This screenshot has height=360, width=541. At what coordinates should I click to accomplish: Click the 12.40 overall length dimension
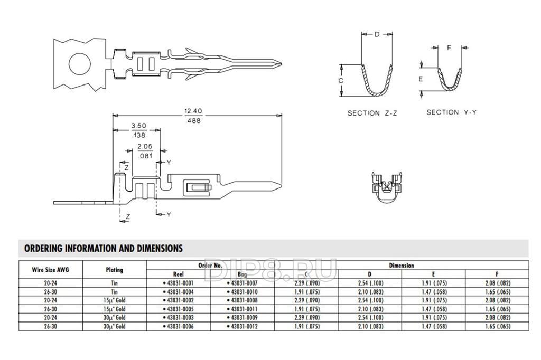pos(193,111)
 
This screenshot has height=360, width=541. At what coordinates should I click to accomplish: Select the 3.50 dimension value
pos(138,126)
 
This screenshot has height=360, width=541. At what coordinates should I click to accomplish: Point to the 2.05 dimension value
pos(145,146)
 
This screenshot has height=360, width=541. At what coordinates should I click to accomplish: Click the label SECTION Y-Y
pos(451,112)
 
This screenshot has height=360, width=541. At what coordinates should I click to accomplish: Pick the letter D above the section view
pos(377,35)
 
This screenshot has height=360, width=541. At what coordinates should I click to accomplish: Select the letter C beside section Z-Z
pos(341,81)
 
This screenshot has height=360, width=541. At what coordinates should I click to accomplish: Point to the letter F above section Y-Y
pos(449,48)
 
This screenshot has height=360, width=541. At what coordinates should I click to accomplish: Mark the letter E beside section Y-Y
pos(421,79)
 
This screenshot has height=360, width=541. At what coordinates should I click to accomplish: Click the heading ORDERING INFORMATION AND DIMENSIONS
pos(104,248)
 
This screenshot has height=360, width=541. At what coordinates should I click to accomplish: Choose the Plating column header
pos(114,270)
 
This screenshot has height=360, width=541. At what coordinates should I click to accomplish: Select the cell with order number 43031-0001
pos(179,283)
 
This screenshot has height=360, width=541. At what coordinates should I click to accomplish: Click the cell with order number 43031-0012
pos(243,327)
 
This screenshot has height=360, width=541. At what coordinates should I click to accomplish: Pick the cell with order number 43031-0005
pos(179,309)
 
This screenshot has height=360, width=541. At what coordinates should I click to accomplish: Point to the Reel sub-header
pos(179,274)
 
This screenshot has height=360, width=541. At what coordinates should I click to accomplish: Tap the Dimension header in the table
pos(402,266)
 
